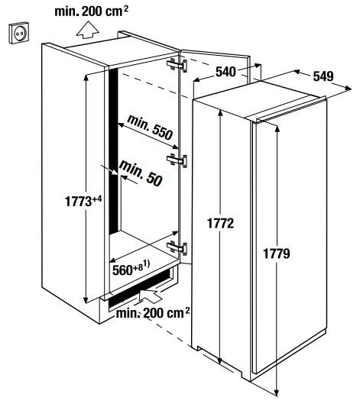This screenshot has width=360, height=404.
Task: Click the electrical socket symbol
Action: (18, 33)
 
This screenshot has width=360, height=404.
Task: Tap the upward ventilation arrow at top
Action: (88, 30)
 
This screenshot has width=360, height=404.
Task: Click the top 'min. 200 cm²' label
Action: (91, 11)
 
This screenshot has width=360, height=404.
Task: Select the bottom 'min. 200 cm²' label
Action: (153, 313)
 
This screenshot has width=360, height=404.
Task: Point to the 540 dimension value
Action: (225, 72)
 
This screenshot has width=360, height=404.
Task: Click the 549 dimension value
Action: (323, 76)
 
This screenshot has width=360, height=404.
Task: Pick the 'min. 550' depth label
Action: (150, 128)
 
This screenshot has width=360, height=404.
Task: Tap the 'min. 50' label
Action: (141, 173)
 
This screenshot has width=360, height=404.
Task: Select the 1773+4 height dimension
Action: (83, 201)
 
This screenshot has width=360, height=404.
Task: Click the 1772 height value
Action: (220, 223)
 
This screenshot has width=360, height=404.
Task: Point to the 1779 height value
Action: (277, 254)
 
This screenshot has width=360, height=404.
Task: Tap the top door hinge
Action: (177, 65)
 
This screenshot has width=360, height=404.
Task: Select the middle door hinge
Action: (177, 160)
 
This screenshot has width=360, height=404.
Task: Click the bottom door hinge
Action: (177, 248)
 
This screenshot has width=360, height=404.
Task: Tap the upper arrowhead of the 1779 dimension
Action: (277, 129)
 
